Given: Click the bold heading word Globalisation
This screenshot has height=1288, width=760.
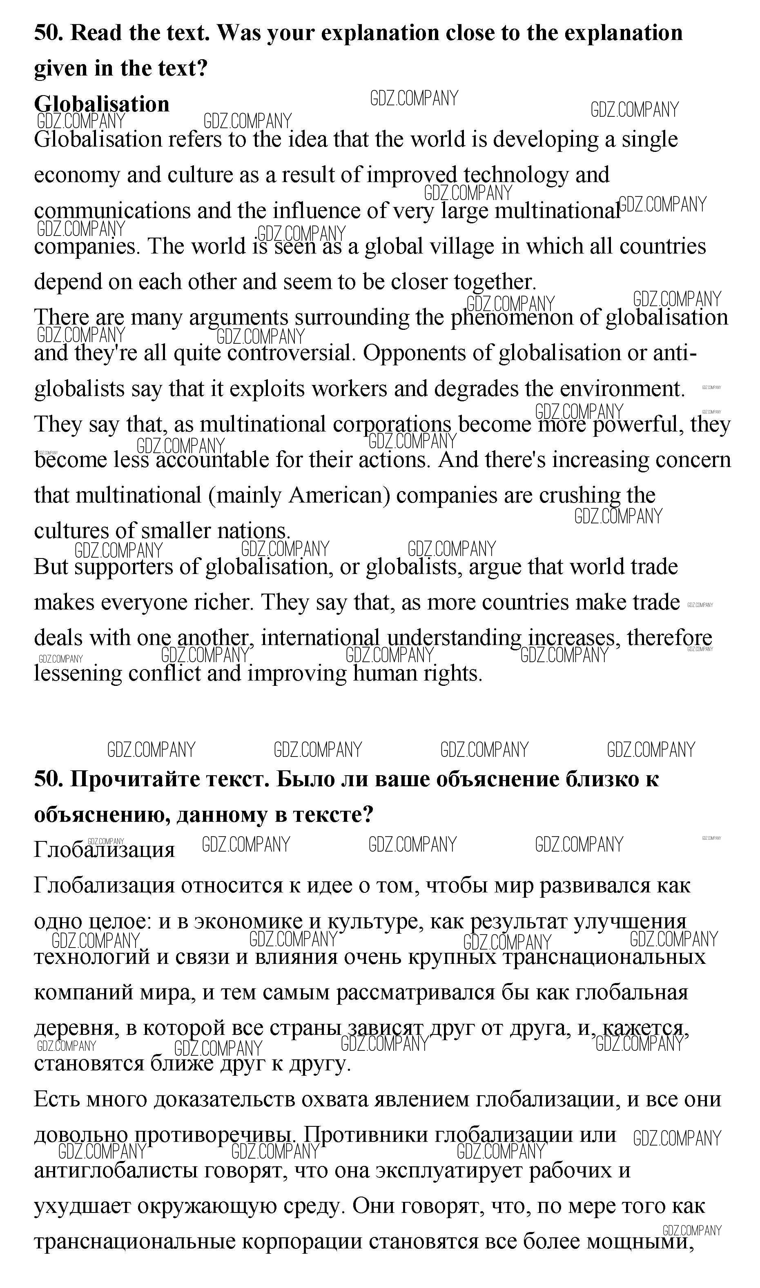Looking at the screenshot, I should [x=101, y=104].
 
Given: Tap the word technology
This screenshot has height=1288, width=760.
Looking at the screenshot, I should [x=516, y=175].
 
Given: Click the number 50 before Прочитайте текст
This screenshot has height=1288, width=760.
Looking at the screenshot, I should [x=49, y=779].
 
